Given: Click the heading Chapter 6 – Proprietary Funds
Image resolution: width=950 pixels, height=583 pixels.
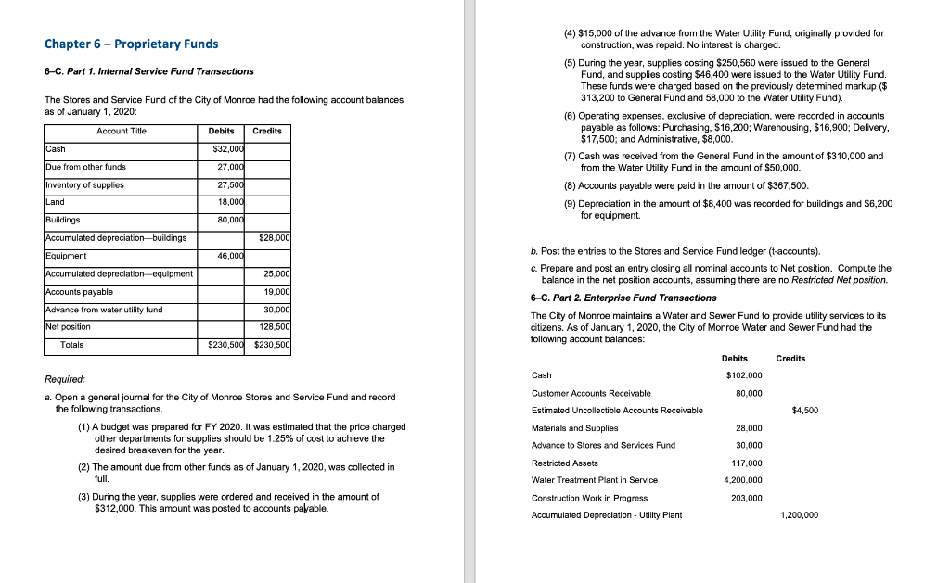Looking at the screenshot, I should point(132,44).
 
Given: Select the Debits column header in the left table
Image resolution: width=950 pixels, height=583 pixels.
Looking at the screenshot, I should point(222,131).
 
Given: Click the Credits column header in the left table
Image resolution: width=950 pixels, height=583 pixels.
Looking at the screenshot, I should point(267,131).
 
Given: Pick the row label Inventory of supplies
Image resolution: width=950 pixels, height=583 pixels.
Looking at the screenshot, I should point(85,184).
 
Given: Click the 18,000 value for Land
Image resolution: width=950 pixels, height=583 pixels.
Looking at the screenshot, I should point(230,202).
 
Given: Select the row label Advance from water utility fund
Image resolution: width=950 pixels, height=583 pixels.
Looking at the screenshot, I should point(104,309).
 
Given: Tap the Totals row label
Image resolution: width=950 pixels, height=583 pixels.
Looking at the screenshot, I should point(71,345).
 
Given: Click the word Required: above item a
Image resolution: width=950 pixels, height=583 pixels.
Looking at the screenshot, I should point(65,379).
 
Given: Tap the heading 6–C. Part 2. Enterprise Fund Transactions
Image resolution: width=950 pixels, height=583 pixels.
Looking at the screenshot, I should point(623,298).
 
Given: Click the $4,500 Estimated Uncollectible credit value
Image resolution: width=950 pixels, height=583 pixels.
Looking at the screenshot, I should point(804,410).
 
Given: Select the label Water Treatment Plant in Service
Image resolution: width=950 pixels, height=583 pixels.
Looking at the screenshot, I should point(595,479).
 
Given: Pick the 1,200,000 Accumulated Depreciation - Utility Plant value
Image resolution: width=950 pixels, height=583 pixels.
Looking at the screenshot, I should point(800,514).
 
